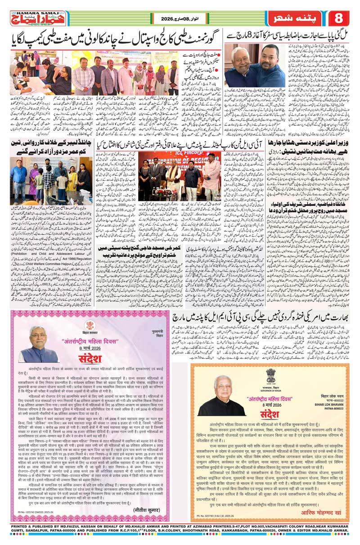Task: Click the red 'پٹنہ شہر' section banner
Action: pyautogui.click(x=294, y=18)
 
